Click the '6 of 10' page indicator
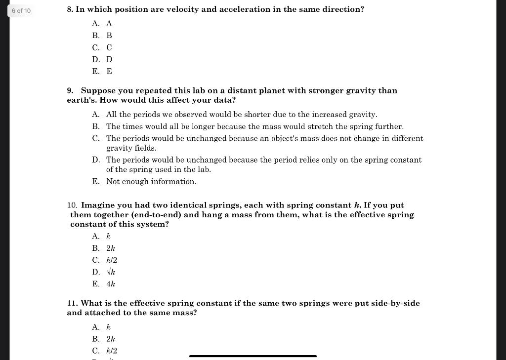21,11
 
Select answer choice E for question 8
102,72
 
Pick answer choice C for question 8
102,48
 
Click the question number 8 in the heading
70,10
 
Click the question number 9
70,91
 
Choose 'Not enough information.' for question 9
151,182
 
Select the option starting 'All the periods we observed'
241,115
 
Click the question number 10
72,205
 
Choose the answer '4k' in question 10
110,284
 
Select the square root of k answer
110,272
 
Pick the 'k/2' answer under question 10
111,260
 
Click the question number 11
72,303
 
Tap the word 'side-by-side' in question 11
395,303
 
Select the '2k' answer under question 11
110,339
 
